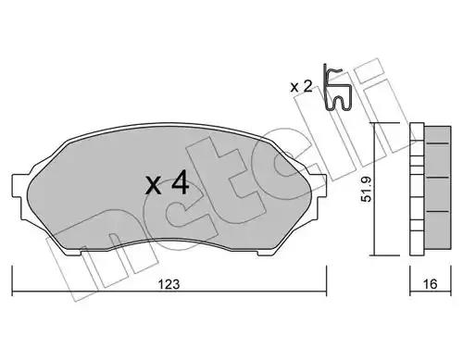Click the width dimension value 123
point(169,284)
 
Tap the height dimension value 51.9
point(367,190)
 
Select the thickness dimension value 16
point(430,284)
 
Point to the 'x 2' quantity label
point(302,87)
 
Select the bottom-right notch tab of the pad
point(266,253)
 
